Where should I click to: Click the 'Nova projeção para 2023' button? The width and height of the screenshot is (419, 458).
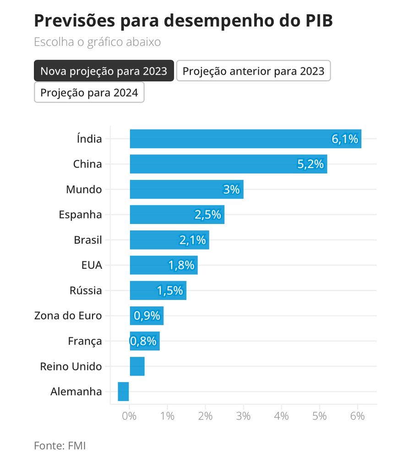(104, 71)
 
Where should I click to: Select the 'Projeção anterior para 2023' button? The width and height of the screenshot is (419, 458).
(253, 71)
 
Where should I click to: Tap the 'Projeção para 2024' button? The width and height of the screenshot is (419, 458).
(89, 92)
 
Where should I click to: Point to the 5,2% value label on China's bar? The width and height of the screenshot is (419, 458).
(310, 164)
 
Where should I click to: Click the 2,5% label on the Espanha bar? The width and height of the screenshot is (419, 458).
(208, 215)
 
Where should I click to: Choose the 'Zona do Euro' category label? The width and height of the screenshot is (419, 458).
(68, 316)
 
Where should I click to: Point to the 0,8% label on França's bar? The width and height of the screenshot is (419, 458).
(143, 341)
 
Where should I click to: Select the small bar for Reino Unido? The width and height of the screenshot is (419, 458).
(137, 366)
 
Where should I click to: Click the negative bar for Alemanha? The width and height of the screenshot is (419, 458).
(123, 392)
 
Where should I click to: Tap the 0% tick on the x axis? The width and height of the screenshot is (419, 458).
(130, 416)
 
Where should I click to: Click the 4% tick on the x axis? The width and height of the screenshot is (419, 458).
(282, 416)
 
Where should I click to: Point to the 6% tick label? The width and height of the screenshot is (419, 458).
(357, 416)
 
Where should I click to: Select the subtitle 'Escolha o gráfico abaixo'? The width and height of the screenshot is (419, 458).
(97, 43)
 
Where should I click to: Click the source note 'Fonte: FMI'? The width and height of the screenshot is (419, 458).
(60, 445)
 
